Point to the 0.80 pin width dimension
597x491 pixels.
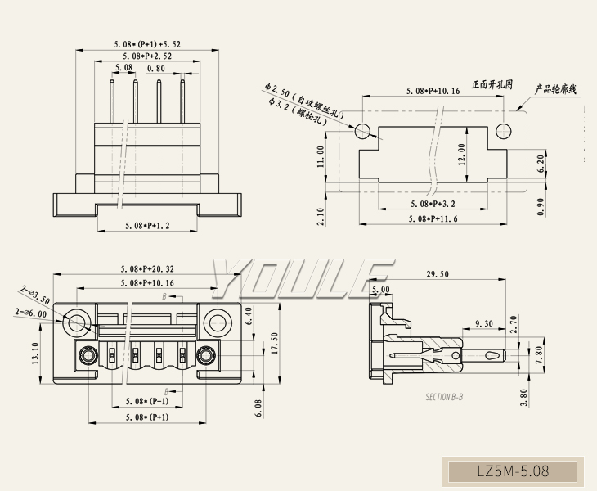156,68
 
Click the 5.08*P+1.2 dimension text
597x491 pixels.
146,224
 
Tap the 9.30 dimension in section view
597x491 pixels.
483,323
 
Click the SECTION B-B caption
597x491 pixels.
444,397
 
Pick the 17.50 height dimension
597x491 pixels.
275,345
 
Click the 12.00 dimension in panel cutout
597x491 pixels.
461,154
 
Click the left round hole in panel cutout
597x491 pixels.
363,130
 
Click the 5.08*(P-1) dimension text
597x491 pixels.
147,402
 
